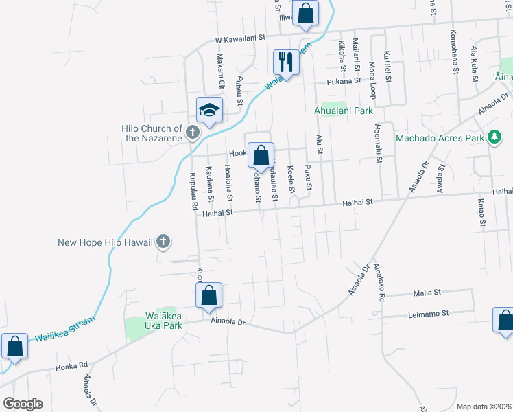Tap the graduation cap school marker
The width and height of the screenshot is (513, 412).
click(210, 110)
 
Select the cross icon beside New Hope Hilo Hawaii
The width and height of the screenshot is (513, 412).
click(163, 241)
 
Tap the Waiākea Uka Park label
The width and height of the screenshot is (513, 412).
click(154, 321)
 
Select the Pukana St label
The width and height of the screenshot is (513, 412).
click(344, 80)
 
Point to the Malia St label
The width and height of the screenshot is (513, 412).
click(427, 293)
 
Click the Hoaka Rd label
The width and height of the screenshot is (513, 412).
click(73, 365)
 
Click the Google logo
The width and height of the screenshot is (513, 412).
click(22, 403)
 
